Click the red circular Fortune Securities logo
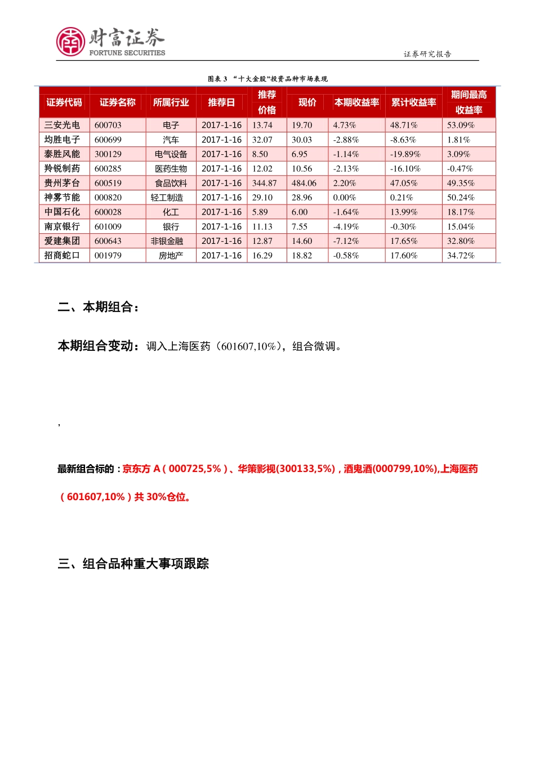click(x=70, y=42)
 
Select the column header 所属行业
click(x=171, y=103)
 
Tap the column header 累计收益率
click(x=413, y=103)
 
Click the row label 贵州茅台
click(x=62, y=183)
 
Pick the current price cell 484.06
click(x=304, y=183)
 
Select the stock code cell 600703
click(x=108, y=125)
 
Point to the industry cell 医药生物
click(x=171, y=168)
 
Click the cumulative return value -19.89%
click(x=405, y=154)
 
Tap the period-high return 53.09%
click(x=461, y=125)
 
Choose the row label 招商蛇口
click(x=62, y=255)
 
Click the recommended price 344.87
click(x=265, y=183)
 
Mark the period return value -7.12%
click(x=346, y=241)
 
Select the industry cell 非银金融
click(x=167, y=241)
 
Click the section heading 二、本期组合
click(x=98, y=307)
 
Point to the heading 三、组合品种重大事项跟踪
click(x=133, y=564)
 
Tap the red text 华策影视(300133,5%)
click(x=287, y=469)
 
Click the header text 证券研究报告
click(x=427, y=54)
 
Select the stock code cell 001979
click(x=108, y=255)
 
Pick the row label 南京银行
click(x=62, y=226)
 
